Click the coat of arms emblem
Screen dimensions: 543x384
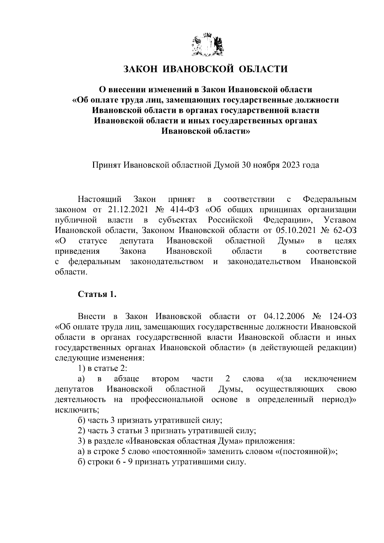click(x=208, y=45)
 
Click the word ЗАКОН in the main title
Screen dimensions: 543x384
click(x=140, y=69)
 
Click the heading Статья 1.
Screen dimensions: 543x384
click(x=97, y=294)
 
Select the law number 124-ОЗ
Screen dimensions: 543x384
click(x=342, y=316)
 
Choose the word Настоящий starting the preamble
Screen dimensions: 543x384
click(x=100, y=200)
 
